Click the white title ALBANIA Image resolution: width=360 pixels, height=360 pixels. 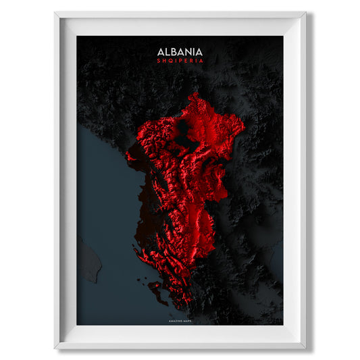pyautogui.click(x=180, y=51)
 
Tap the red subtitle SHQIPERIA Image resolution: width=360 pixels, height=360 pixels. pyautogui.click(x=180, y=61)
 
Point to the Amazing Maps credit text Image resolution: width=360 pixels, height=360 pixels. pyautogui.click(x=180, y=312)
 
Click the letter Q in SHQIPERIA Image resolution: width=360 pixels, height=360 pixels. pyautogui.click(x=169, y=61)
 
